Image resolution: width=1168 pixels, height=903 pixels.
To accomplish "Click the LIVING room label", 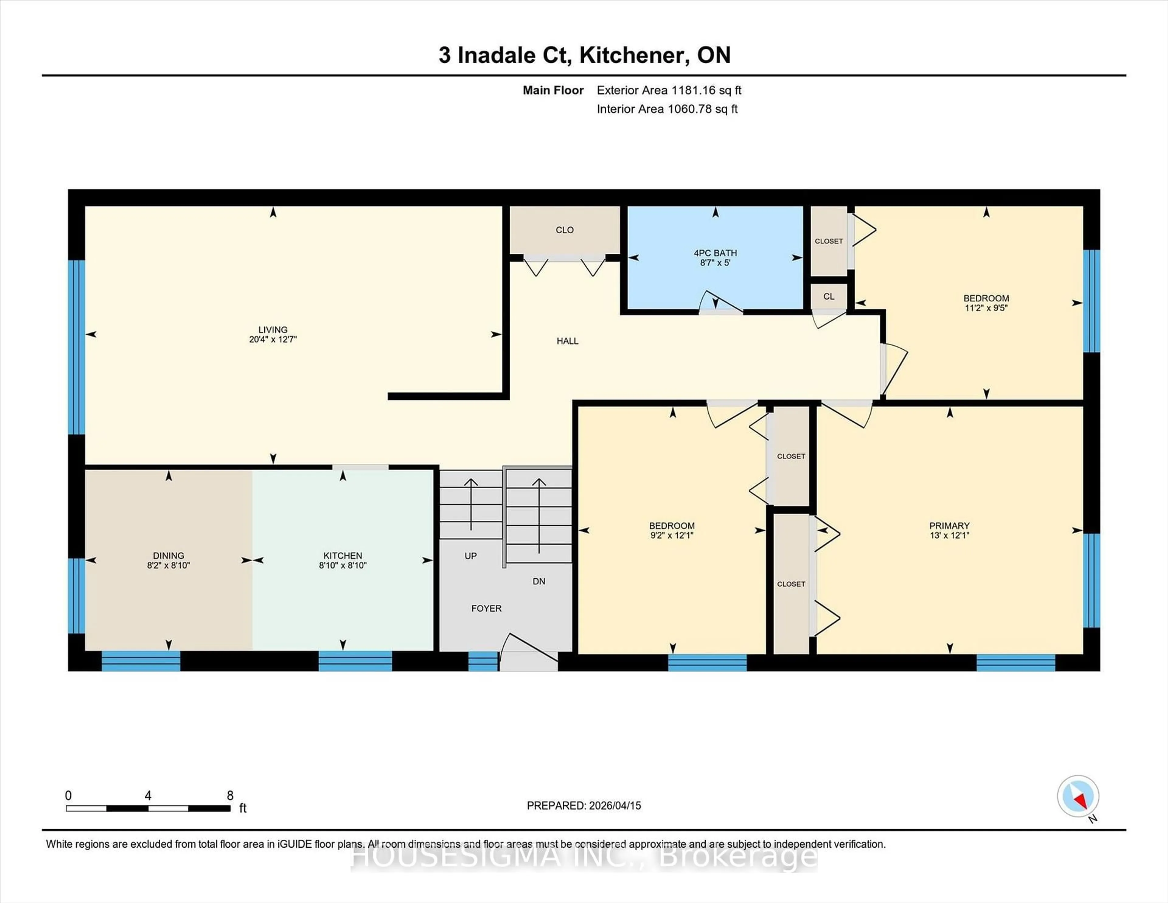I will click(x=273, y=329).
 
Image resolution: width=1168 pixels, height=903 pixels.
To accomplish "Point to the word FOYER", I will click(x=486, y=608).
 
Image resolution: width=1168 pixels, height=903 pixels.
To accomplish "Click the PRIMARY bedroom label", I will click(x=949, y=525).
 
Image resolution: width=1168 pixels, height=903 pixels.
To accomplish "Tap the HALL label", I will click(x=567, y=341).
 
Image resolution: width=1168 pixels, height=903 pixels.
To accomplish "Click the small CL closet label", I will click(x=829, y=296).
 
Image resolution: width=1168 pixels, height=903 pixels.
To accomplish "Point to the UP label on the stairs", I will click(x=471, y=556).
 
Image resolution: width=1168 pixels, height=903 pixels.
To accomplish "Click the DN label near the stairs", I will click(x=539, y=581).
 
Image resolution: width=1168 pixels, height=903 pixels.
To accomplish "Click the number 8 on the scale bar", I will click(x=230, y=796).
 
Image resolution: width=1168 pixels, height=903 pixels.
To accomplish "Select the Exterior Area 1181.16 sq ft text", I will click(x=669, y=90).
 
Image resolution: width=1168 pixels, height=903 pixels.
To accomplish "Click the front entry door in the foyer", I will click(x=528, y=654).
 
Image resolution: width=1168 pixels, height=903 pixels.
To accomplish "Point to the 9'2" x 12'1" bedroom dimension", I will click(x=672, y=535).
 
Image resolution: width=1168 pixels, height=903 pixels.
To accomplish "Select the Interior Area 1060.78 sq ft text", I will click(x=667, y=109).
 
